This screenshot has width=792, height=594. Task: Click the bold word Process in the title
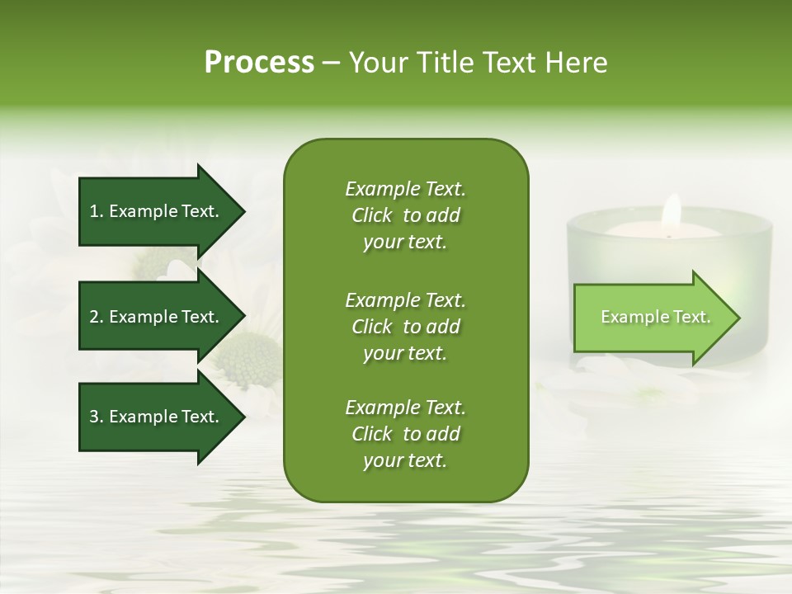(x=259, y=63)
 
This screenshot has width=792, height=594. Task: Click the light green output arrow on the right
(x=652, y=318)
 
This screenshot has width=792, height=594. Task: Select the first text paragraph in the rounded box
(x=405, y=215)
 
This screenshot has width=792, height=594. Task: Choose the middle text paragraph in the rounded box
(x=405, y=326)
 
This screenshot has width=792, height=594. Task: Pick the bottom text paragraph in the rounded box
(x=405, y=434)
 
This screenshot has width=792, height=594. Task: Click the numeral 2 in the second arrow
(x=94, y=317)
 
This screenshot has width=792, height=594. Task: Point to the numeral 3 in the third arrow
(x=94, y=417)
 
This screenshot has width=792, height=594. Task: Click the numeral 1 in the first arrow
(x=94, y=211)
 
